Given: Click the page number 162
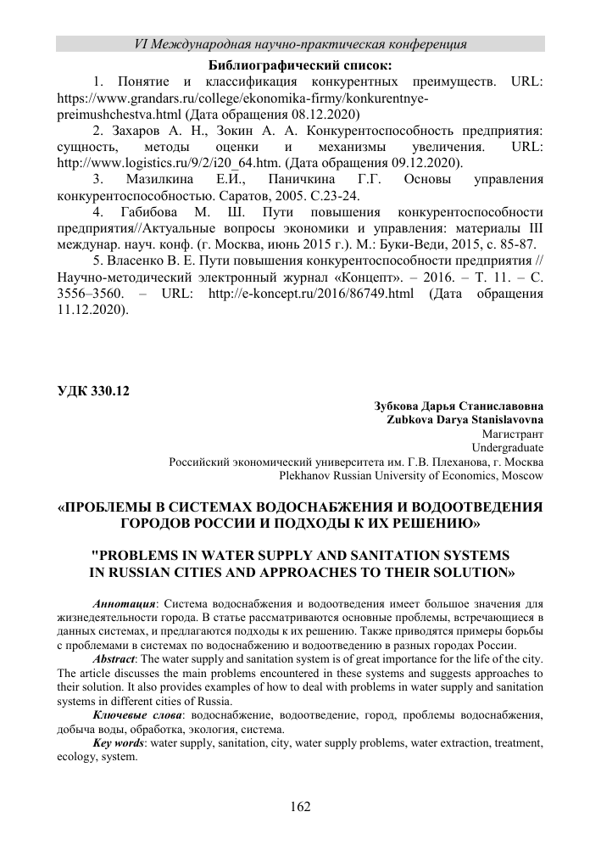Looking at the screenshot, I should [x=301, y=805].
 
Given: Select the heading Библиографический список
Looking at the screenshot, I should [x=300, y=64].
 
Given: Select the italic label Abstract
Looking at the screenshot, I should [x=114, y=659].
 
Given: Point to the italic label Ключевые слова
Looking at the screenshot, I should [x=132, y=716].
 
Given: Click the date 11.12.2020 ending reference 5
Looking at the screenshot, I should [x=90, y=308].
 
